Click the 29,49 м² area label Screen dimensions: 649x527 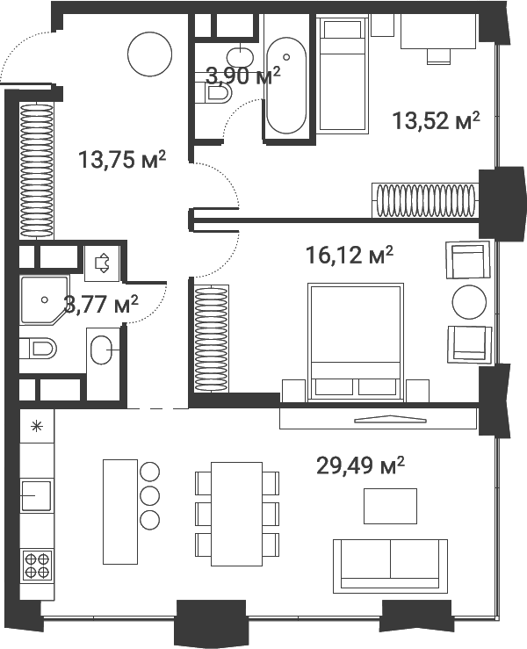coord(360,465)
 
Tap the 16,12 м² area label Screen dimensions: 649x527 coord(349,256)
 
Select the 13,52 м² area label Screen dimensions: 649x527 coord(437,121)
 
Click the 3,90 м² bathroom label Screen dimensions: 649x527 coord(242,76)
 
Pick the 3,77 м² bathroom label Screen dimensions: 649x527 coord(101,305)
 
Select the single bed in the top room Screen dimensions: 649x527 coord(342,76)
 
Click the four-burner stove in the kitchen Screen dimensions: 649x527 coord(36,563)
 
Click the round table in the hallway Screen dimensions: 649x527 coord(150,55)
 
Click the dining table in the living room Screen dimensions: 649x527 coord(236,513)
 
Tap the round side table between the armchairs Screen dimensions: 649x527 coord(469,303)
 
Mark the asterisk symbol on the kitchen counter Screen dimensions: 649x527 coord(36,428)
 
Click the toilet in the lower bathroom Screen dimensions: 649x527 coord(39,350)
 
